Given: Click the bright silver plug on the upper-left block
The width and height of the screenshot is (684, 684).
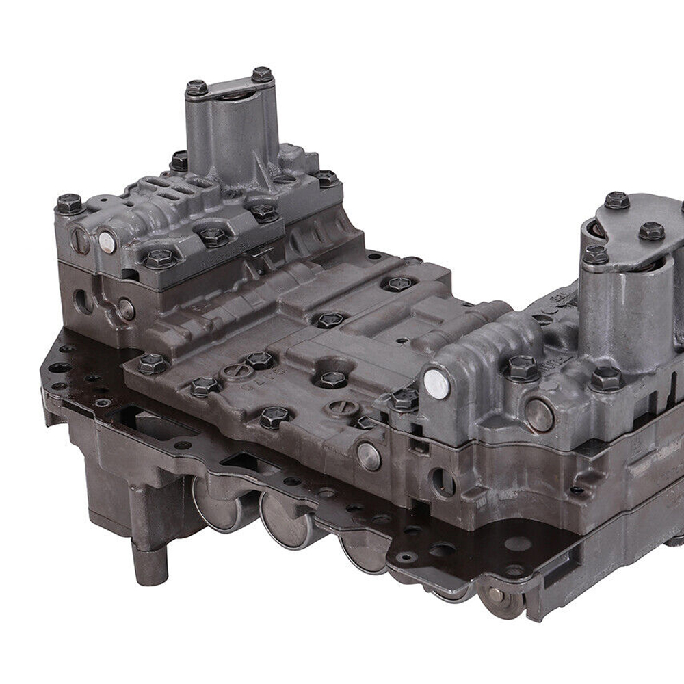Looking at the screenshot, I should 107,240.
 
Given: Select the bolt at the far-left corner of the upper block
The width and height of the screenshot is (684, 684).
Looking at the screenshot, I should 68,203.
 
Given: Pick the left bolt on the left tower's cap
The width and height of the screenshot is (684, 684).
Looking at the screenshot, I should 196,88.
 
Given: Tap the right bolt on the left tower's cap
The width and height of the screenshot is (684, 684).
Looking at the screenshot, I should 262,74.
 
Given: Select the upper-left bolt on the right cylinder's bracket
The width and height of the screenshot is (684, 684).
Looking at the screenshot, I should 616,200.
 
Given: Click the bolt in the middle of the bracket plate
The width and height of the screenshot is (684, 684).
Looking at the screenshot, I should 650,231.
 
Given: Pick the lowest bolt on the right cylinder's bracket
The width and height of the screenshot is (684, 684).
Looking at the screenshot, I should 594,255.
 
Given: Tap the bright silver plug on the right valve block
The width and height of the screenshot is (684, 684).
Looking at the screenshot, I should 436,384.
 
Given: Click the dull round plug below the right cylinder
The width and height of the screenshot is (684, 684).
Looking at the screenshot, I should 540,414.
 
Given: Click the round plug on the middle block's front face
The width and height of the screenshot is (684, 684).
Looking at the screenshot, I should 369,456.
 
